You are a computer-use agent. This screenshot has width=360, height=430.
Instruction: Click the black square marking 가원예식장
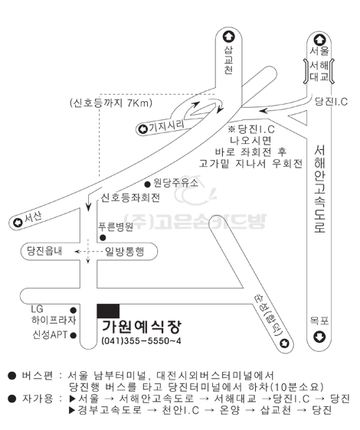(108, 311)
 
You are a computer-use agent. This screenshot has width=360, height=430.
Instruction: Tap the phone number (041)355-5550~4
(141, 341)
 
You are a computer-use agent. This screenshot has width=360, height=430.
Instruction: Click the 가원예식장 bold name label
(142, 327)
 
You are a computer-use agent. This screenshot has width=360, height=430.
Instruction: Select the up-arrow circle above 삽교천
(228, 37)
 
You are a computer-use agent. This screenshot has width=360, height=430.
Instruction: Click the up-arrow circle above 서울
(319, 40)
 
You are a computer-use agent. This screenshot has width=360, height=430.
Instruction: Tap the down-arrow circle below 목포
(319, 337)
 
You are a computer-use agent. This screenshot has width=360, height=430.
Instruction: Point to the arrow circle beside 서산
(18, 223)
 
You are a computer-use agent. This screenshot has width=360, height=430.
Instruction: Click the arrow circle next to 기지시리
(142, 129)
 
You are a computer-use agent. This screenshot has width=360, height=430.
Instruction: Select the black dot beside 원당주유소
(148, 184)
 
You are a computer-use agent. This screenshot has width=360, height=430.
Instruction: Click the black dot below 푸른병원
(103, 238)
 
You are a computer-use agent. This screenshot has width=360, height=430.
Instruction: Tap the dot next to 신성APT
(74, 335)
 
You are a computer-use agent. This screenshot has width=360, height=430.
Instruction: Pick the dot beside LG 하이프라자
(74, 310)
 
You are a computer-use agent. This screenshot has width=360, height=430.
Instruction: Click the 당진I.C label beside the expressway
(331, 102)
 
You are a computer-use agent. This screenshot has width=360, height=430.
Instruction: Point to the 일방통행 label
(124, 252)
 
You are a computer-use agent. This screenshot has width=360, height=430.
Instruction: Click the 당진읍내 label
(44, 251)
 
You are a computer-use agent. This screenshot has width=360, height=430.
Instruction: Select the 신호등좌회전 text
(130, 197)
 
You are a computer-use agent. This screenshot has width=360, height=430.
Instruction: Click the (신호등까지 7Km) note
(111, 103)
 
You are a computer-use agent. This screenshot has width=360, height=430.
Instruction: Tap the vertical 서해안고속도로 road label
(319, 189)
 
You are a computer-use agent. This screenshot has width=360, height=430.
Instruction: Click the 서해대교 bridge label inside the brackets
(319, 71)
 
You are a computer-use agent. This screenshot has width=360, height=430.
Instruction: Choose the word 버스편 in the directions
(38, 375)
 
